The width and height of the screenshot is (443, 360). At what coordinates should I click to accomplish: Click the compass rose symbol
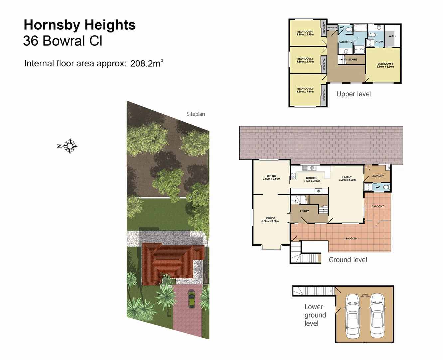70,146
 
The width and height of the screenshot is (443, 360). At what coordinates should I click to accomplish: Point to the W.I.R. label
392,36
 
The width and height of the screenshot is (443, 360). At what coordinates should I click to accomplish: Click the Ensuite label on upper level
379,42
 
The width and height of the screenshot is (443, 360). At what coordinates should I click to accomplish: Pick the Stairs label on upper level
353,60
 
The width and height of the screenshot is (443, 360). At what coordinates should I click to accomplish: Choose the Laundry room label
378,176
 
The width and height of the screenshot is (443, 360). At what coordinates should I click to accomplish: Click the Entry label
304,211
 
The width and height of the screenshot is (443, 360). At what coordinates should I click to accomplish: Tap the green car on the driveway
191,299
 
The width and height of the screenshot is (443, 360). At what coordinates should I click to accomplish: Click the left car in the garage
352,315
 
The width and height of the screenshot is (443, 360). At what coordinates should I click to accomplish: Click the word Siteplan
196,114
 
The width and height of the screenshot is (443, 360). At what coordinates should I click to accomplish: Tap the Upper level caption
354,94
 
